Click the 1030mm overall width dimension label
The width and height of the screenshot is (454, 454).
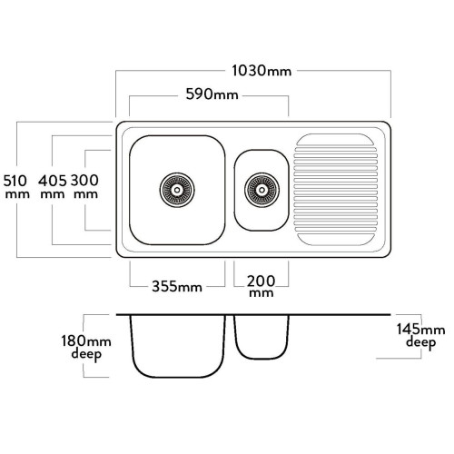(262, 71)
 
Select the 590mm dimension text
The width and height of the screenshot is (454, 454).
(212, 94)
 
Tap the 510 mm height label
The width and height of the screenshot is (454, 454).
(16, 187)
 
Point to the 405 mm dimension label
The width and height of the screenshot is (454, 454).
(52, 187)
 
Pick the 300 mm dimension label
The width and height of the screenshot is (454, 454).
(84, 187)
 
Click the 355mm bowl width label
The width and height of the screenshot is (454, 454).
(177, 286)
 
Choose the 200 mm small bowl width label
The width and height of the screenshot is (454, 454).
(261, 286)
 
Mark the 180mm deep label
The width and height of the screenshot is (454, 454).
(86, 348)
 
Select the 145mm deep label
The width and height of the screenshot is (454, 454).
(420, 336)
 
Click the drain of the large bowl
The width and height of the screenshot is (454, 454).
(177, 190)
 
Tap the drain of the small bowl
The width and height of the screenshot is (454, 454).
(262, 190)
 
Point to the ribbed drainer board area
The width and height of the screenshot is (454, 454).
(336, 190)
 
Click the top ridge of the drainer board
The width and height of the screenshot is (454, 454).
(335, 140)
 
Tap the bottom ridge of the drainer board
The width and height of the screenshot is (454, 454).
(335, 240)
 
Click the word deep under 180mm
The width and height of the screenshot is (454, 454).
(86, 355)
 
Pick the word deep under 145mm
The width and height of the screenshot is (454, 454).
(420, 343)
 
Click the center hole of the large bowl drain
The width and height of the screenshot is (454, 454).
(177, 190)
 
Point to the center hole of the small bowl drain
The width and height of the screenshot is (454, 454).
(262, 190)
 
